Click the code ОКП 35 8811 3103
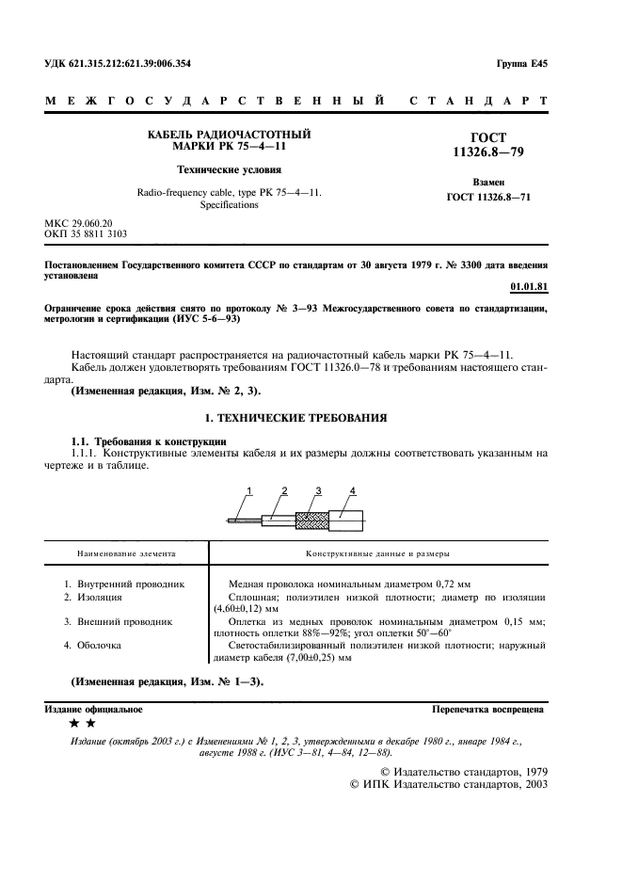coord(86,232)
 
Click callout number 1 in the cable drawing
coord(250,490)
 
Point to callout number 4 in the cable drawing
coord(352,490)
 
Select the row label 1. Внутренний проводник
coord(123,584)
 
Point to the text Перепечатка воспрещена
coord(486,707)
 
